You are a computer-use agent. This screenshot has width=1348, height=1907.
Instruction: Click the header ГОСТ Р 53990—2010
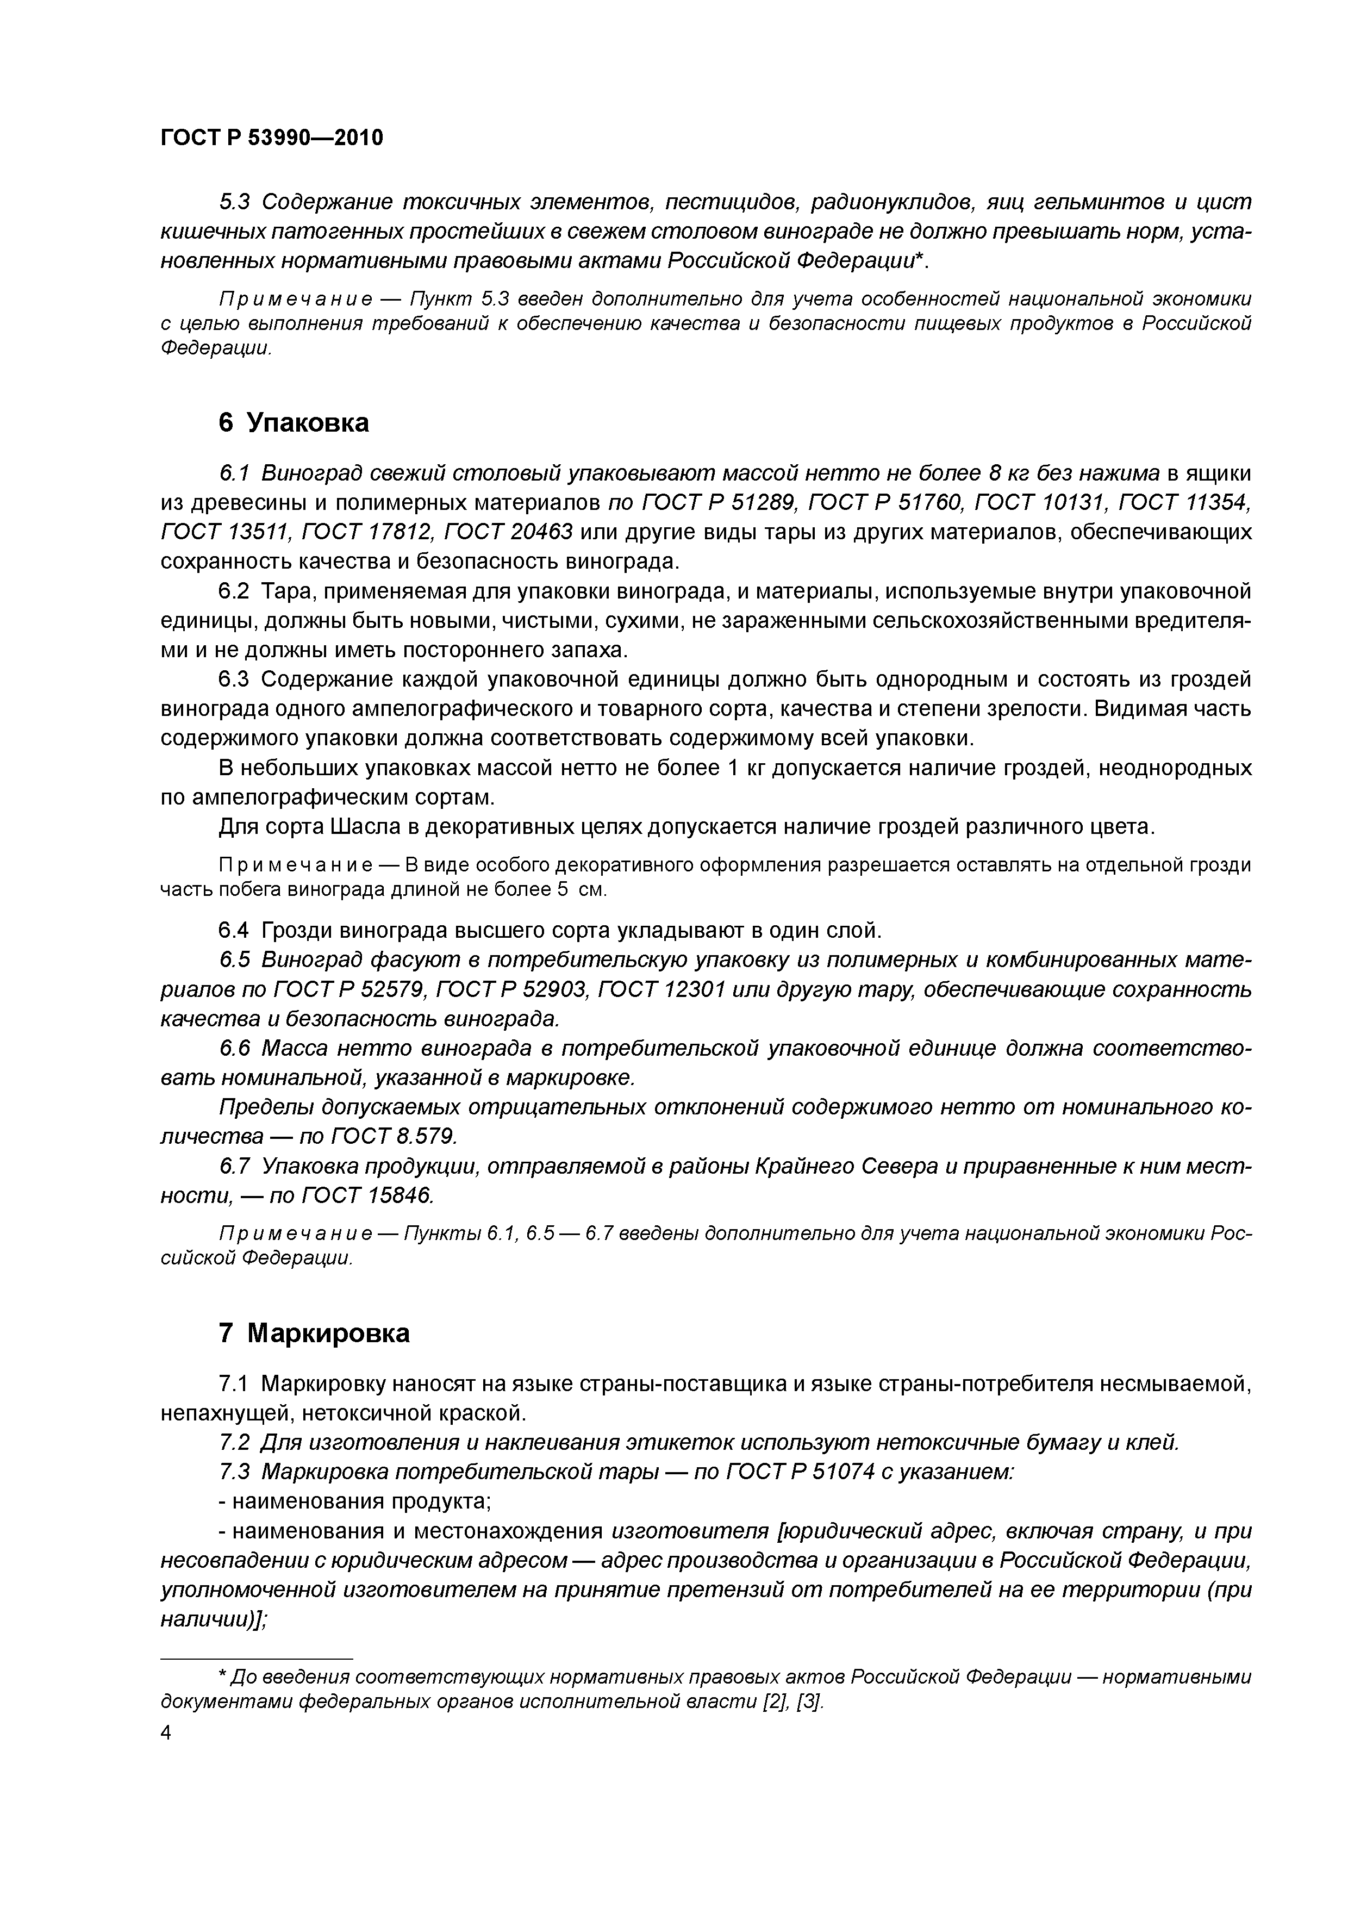coord(272,138)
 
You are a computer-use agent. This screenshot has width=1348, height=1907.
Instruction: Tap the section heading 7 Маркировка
coord(314,1333)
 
